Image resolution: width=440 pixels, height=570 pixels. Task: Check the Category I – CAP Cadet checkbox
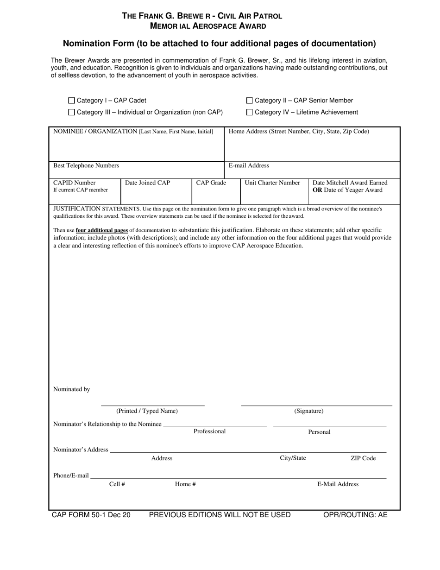tap(71, 101)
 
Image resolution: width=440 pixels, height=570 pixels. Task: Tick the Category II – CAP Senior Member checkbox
tap(250, 101)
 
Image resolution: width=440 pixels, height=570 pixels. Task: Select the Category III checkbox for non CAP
tap(71, 112)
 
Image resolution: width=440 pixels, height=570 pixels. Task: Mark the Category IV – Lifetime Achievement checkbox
tap(250, 112)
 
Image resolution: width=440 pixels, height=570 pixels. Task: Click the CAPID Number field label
tap(75, 183)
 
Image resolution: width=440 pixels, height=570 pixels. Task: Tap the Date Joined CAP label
tap(148, 183)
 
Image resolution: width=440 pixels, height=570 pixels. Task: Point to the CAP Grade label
tap(211, 183)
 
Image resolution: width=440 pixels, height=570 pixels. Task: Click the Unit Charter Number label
tap(272, 183)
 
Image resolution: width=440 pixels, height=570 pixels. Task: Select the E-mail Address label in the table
tap(249, 165)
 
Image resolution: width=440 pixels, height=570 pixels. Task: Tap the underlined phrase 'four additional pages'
tap(102, 230)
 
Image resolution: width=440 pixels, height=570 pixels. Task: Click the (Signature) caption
tap(309, 411)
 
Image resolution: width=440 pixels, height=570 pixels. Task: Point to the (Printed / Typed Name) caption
tap(147, 411)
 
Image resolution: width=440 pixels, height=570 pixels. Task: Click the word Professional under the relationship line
tap(209, 431)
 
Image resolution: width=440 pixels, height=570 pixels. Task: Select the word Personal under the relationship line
tap(320, 432)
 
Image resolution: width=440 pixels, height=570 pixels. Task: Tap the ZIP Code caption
tap(363, 458)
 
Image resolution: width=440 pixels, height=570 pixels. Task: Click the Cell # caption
tap(117, 484)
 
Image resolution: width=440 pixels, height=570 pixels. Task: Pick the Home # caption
tap(185, 484)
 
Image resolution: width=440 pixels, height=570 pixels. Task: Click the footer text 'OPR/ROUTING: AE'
tap(355, 515)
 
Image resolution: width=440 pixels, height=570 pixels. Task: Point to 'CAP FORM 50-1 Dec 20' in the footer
tap(91, 515)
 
